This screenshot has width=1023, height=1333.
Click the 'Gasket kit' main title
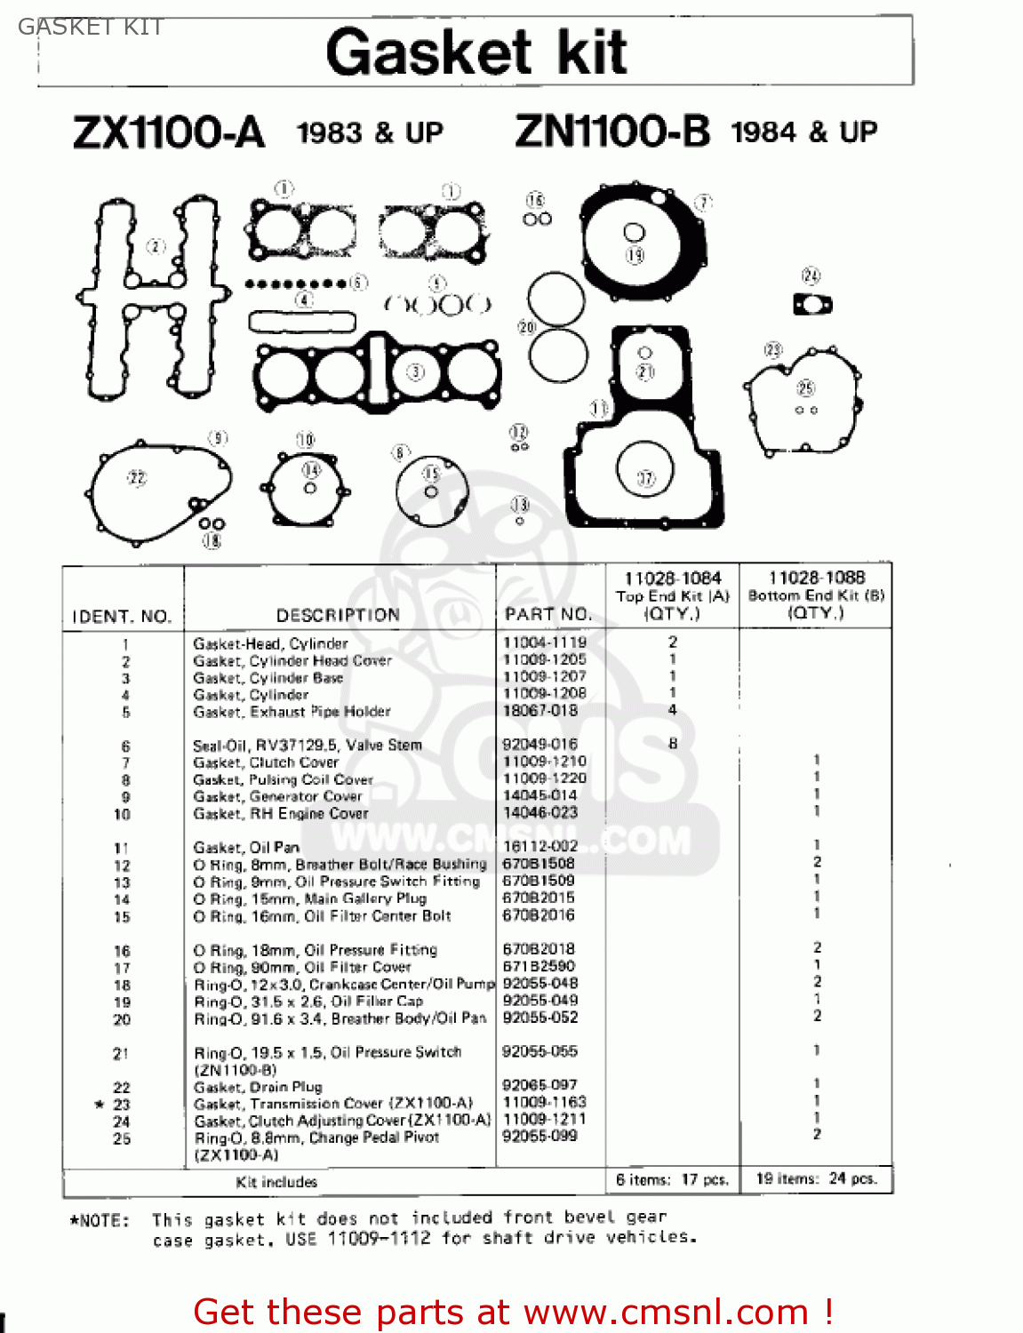click(476, 52)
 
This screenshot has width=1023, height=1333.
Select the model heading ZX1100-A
click(169, 133)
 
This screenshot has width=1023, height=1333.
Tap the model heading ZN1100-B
click(612, 132)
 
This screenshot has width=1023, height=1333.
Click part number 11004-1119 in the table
click(545, 643)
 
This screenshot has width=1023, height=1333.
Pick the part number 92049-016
click(539, 744)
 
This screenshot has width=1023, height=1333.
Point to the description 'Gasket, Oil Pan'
click(246, 848)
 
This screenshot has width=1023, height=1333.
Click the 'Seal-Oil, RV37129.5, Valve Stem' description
click(308, 746)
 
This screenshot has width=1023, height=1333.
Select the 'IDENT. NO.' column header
click(122, 616)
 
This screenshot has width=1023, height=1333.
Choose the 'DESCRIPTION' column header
click(338, 615)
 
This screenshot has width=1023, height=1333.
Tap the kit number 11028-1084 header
click(673, 579)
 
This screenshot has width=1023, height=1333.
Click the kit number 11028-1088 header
click(816, 578)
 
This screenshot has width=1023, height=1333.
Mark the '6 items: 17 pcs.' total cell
click(672, 1180)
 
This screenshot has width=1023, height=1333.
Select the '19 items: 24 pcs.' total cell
click(816, 1179)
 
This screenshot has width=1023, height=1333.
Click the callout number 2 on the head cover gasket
click(156, 246)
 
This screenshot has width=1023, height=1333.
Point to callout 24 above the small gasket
click(811, 275)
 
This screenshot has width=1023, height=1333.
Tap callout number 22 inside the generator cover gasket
click(137, 478)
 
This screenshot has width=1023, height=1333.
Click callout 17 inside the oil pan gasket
click(646, 479)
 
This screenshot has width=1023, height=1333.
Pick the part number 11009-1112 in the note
click(379, 1239)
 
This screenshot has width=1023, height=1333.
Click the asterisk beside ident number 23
click(100, 1105)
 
